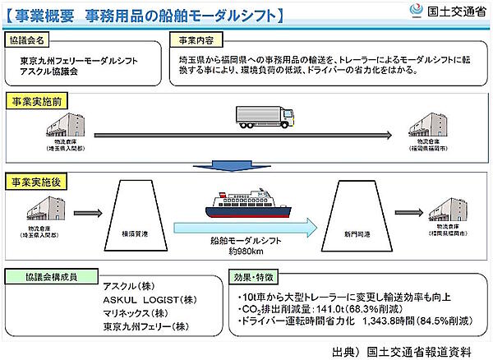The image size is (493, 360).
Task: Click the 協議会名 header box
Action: coord(30,39)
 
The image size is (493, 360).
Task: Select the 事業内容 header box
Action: coord(195,39)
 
